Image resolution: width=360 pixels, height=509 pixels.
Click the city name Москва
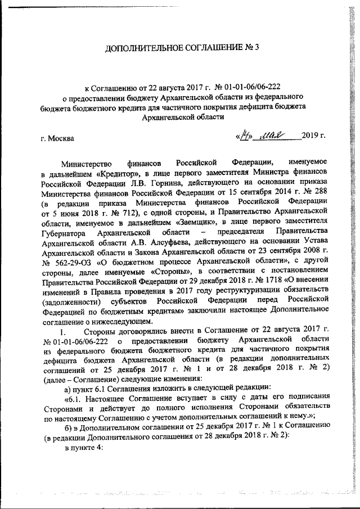click(58, 137)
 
